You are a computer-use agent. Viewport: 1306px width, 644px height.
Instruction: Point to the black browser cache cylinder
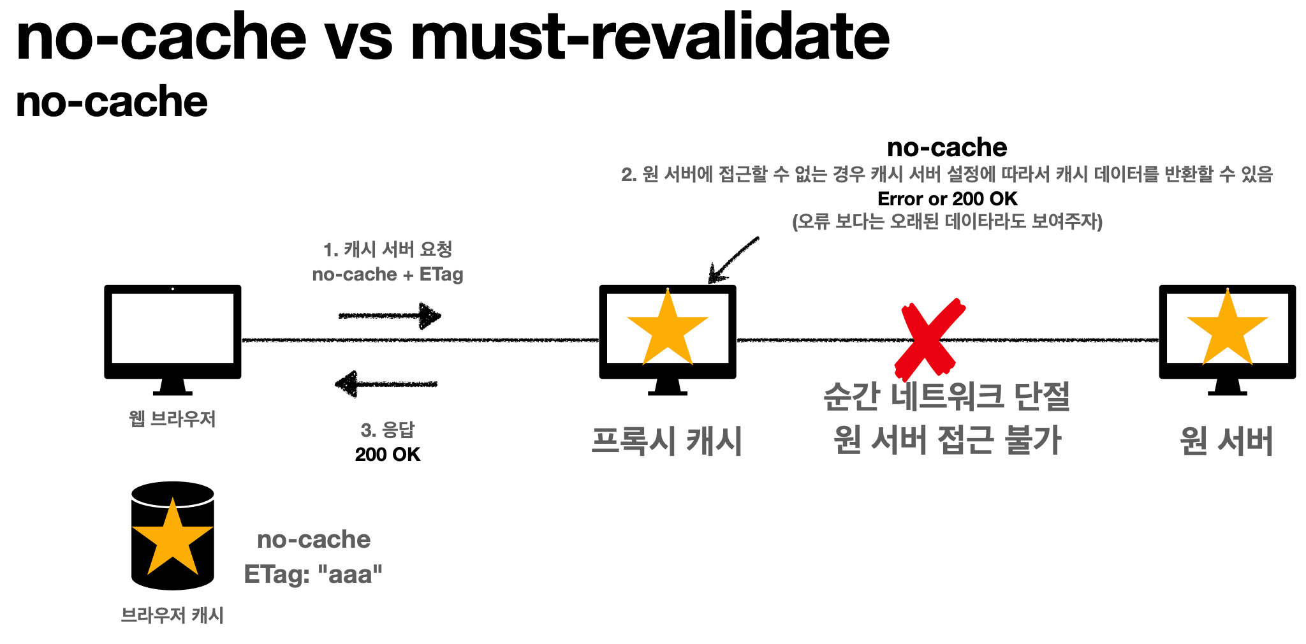173,536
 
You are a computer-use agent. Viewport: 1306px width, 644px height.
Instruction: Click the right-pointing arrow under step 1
390,316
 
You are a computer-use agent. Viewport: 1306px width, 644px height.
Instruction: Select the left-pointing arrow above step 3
386,384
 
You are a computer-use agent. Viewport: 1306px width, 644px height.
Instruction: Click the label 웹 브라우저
172,419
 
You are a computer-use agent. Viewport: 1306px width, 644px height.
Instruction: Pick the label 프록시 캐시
667,441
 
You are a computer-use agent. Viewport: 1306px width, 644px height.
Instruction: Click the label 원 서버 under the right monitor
1226,441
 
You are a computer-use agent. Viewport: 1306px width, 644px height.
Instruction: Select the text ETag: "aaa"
313,574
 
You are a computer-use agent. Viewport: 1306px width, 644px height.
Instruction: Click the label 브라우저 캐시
172,615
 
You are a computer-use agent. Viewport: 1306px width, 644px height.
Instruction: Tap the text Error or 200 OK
947,199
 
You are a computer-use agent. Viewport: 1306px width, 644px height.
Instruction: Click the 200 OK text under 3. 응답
388,455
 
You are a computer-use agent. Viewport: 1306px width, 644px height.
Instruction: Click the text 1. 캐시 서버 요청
388,249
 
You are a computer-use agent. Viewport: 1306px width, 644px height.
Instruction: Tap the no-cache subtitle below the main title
112,102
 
